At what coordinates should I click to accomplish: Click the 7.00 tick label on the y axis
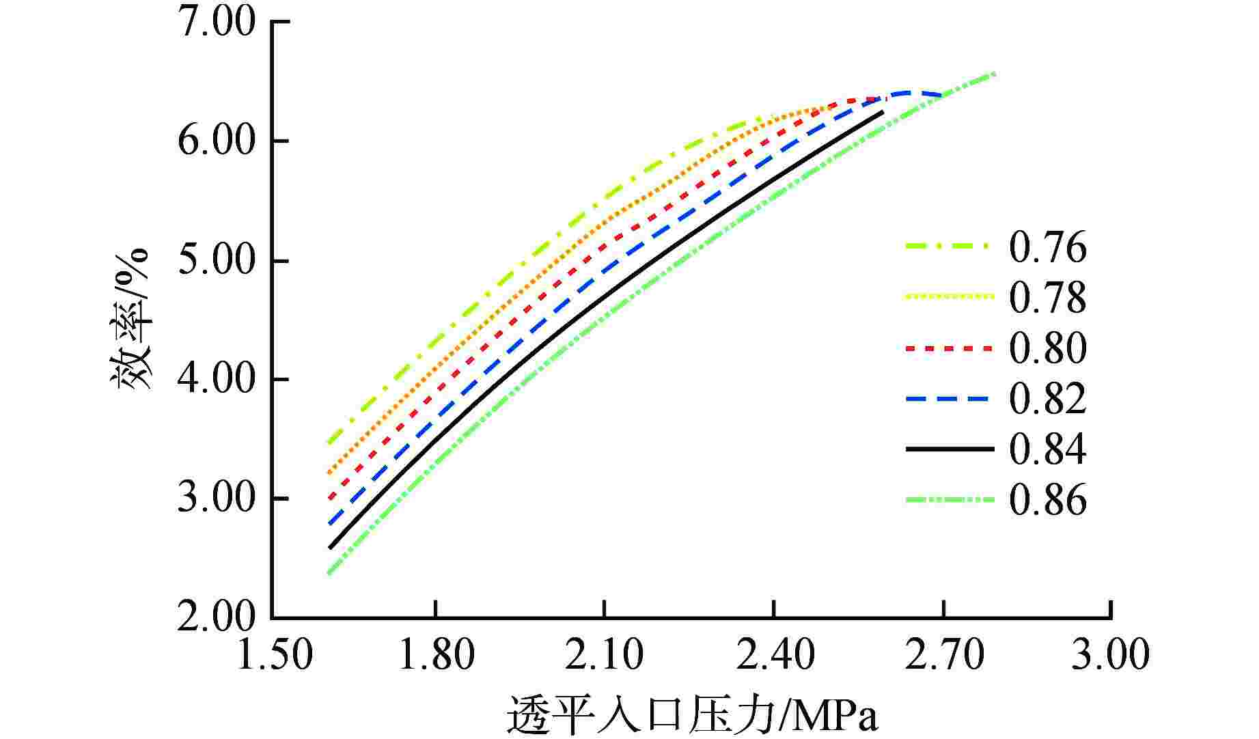pos(217,23)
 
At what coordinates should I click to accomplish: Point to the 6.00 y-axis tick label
pos(217,142)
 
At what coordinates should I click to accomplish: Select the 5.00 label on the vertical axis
pos(217,261)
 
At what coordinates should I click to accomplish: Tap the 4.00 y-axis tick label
pos(217,380)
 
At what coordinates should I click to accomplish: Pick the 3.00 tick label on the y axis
pos(217,499)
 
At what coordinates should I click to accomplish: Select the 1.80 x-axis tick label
pos(436,655)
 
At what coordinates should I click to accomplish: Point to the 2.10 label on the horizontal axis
pos(605,655)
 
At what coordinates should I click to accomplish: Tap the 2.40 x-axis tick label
pos(773,655)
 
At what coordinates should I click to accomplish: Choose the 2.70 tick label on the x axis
pos(943,655)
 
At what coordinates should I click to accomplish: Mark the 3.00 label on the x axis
pos(1111,655)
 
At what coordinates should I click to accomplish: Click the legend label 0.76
pos(1048,247)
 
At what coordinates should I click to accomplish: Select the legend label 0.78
pos(1048,298)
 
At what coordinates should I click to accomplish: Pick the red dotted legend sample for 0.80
pos(949,348)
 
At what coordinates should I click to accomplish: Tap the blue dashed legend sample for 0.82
pos(949,399)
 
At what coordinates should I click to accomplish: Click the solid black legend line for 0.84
pos(949,449)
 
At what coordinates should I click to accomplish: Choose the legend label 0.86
pos(1048,500)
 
